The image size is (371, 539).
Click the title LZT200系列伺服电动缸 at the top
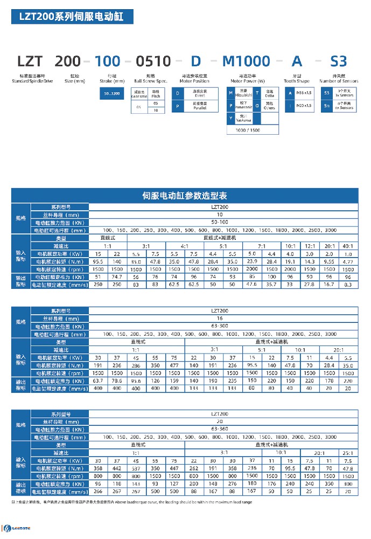coord(72,17)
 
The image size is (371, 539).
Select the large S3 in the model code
coord(338,61)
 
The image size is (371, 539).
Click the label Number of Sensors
coord(338,81)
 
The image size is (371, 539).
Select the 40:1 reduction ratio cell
coord(347,245)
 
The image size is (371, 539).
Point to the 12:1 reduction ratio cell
coord(310,245)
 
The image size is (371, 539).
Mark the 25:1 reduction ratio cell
coord(347,453)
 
